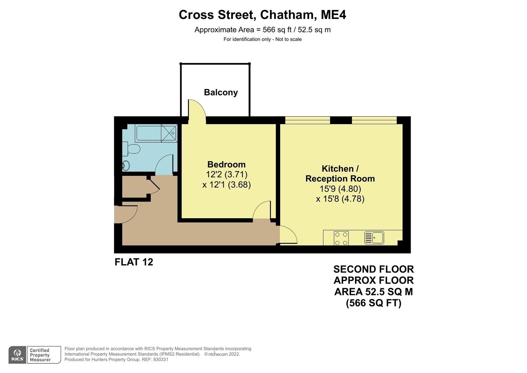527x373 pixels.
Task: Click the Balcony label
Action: coord(221,93)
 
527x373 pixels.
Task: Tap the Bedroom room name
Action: coord(226,164)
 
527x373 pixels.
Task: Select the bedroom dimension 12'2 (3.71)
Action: coord(226,174)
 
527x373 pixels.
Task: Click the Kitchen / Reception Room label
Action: coord(340,174)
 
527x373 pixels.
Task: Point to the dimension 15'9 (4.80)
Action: coord(340,189)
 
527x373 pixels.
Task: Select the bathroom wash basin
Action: coord(126,165)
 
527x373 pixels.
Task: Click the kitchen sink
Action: coord(374,238)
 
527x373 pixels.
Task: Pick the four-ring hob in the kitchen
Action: coord(341,238)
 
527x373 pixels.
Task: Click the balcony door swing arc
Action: coord(197,110)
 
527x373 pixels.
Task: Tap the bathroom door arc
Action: coord(164,165)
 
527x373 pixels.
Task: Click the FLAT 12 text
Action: coord(134,262)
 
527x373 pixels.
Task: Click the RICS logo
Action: coord(18,355)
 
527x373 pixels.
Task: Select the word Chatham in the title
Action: coord(287,15)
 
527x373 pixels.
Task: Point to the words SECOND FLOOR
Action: coord(373,269)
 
